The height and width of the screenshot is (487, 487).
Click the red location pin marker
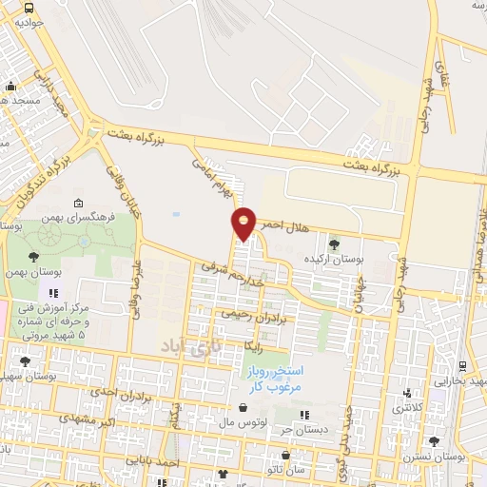point(244,224)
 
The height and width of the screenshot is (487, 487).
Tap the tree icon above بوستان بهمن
point(34,257)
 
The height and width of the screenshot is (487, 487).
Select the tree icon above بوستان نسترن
point(434,442)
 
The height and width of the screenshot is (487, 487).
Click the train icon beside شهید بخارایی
point(462,366)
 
